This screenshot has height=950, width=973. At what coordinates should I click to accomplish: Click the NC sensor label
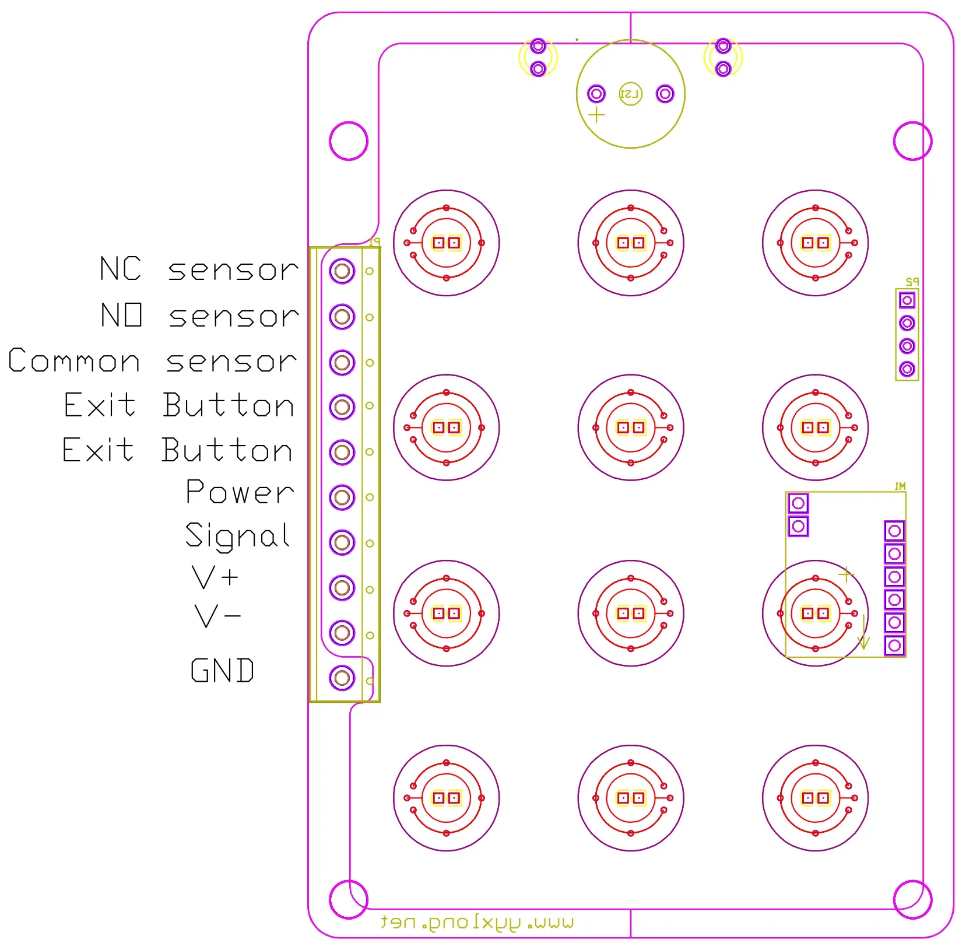click(x=199, y=269)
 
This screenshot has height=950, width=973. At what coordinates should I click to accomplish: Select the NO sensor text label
click(x=199, y=316)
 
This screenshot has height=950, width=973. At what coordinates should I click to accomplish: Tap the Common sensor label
click(x=153, y=361)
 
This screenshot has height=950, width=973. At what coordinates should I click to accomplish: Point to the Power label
click(x=240, y=493)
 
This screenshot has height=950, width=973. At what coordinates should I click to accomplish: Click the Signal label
click(x=237, y=536)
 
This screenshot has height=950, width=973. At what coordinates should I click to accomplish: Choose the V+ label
click(x=215, y=577)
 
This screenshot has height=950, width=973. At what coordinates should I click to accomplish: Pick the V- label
click(x=217, y=616)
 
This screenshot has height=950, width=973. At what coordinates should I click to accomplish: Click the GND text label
click(x=222, y=671)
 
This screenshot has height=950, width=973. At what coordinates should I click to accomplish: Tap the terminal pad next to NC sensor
click(x=342, y=271)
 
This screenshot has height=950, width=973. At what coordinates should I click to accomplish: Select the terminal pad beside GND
click(x=342, y=678)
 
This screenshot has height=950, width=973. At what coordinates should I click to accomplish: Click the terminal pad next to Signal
click(x=342, y=542)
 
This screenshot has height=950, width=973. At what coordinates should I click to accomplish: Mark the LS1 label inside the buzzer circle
click(x=630, y=94)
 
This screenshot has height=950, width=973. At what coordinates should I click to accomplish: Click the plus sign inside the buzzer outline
click(x=596, y=115)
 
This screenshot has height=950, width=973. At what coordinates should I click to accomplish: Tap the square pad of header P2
click(x=907, y=300)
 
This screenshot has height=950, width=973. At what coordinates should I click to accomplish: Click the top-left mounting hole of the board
click(x=349, y=141)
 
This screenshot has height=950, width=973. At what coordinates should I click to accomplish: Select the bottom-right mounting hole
click(x=912, y=899)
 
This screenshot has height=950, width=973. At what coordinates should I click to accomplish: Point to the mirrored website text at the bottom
click(x=477, y=923)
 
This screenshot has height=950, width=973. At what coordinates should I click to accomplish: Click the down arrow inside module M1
click(x=863, y=634)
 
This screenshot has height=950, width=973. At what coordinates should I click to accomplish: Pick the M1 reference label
click(x=900, y=486)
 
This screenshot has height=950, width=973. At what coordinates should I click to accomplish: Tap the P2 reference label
click(x=912, y=282)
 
